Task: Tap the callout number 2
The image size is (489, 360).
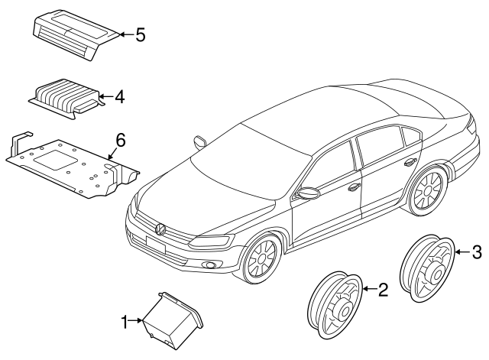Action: point(384,288)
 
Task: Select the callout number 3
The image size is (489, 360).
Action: point(476,251)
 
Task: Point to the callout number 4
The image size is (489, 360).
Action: point(119,97)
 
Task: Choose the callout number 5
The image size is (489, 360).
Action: point(140,35)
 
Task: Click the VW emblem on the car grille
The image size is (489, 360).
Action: point(161,229)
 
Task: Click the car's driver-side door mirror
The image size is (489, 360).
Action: point(309,193)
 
